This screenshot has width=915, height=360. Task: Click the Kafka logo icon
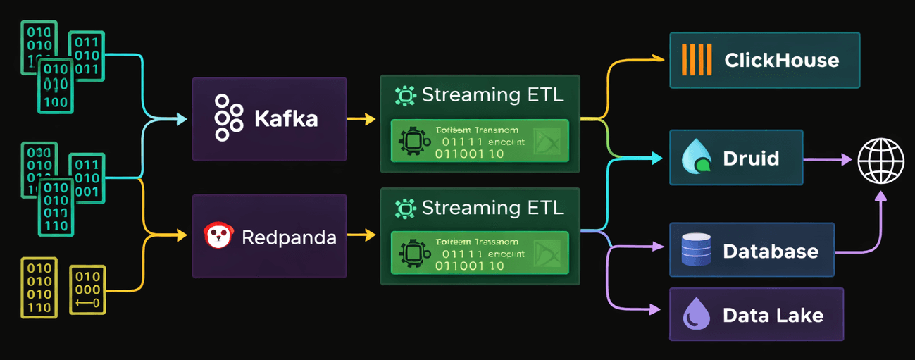click(228, 118)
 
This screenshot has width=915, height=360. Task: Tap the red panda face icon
click(218, 236)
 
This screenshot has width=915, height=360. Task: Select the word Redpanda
click(289, 237)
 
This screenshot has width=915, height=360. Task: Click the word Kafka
click(286, 118)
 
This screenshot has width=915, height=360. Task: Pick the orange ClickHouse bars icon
click(697, 59)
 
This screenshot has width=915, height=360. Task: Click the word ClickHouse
click(781, 60)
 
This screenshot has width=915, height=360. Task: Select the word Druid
click(751, 158)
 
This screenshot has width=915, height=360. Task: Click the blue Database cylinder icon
click(696, 250)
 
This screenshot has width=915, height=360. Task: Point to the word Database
click(771, 251)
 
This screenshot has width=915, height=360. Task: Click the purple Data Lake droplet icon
click(696, 314)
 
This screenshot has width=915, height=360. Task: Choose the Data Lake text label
click(773, 315)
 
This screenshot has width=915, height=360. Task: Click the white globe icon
click(880, 160)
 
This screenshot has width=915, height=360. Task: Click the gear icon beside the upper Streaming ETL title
click(405, 95)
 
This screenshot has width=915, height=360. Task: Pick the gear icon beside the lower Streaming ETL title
click(405, 208)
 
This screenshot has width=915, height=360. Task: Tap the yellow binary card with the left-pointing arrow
click(87, 289)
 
